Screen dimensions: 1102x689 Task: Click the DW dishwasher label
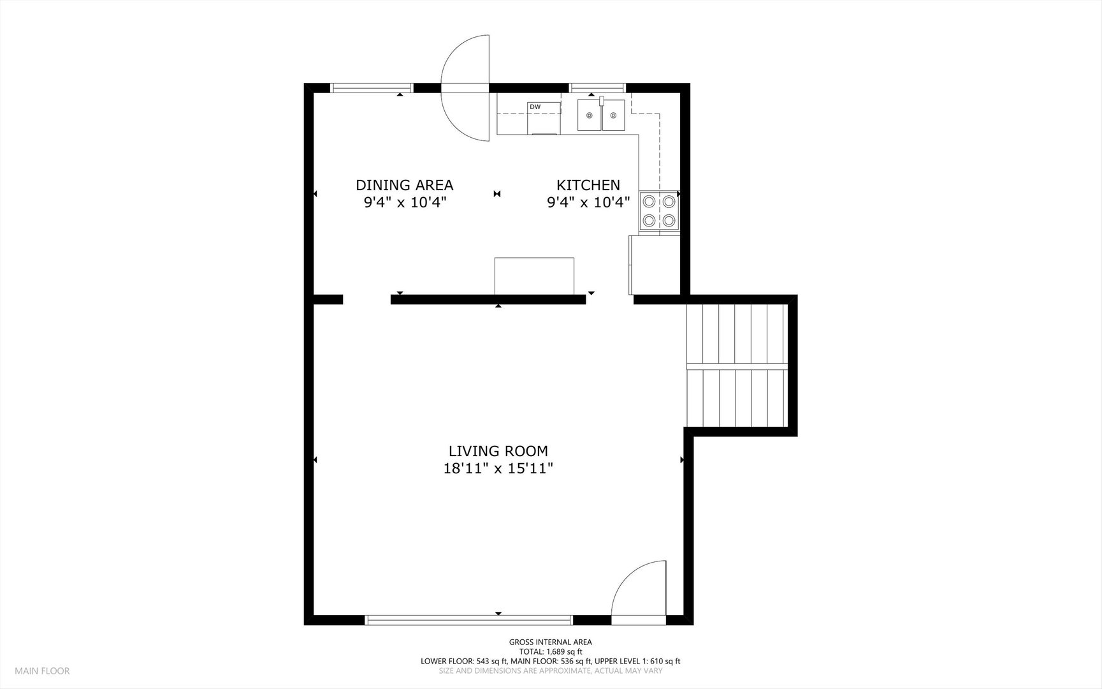tap(535, 107)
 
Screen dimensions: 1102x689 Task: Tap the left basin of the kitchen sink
tap(590, 115)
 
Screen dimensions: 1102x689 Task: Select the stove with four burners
tap(658, 211)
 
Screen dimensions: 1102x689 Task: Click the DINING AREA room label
tap(405, 185)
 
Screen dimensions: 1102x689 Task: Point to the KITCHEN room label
tap(588, 185)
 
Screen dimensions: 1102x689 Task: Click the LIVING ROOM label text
tap(498, 452)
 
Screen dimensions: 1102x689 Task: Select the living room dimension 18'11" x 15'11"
tap(498, 469)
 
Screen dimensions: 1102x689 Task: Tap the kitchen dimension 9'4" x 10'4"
tap(588, 202)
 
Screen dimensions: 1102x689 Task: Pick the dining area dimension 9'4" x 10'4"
tap(405, 202)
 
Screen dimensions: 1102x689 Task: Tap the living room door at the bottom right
tap(639, 590)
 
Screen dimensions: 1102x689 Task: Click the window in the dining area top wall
tap(372, 89)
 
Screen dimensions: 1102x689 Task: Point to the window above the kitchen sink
tap(597, 88)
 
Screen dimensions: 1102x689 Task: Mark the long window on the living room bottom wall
tap(469, 619)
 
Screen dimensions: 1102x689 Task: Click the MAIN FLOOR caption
tap(43, 670)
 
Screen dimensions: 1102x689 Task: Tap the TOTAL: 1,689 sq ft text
tap(551, 651)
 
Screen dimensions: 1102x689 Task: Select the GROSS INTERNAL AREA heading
tap(551, 642)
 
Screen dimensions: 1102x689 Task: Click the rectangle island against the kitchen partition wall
tap(535, 276)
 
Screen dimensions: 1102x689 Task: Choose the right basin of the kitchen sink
tap(614, 115)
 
